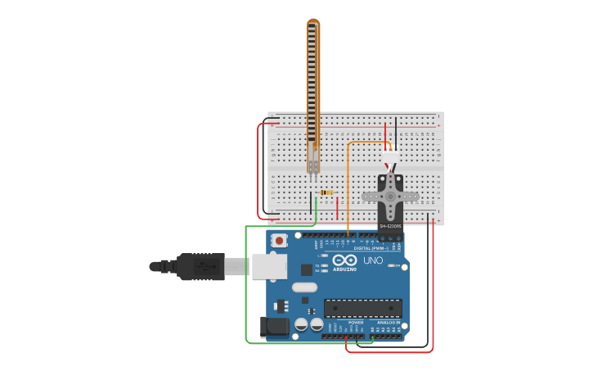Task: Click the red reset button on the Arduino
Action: coord(280,241)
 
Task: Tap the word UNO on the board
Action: coord(373,260)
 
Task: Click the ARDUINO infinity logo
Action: coord(344,260)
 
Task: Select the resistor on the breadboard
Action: coord(326,192)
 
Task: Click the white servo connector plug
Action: coord(391,156)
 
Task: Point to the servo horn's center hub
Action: coord(390,197)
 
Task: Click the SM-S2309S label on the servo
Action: coord(390,226)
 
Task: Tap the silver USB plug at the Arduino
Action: coord(269,266)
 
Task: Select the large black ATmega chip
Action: coord(362,307)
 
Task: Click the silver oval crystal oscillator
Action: coord(304,287)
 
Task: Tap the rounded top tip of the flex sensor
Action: coord(313,23)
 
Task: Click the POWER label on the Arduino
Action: coord(356,323)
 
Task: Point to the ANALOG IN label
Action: coord(387,323)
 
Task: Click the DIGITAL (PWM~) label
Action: coord(370,248)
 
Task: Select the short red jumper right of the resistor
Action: coord(337,207)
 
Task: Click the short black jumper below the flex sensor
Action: coord(311,203)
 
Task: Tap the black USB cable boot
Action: coord(200,266)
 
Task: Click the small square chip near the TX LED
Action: coord(306,269)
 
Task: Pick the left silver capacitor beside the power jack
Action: coord(301,324)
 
